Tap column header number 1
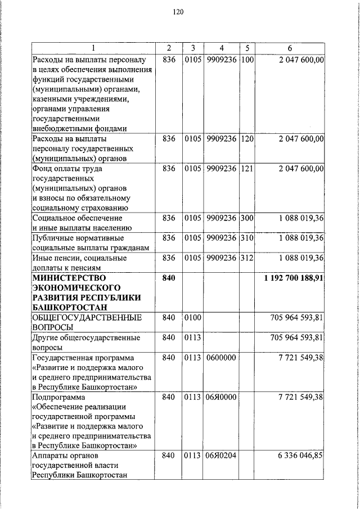(93, 48)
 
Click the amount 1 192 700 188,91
(294, 278)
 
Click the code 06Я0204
(220, 455)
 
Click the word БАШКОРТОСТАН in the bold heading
(68, 308)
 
